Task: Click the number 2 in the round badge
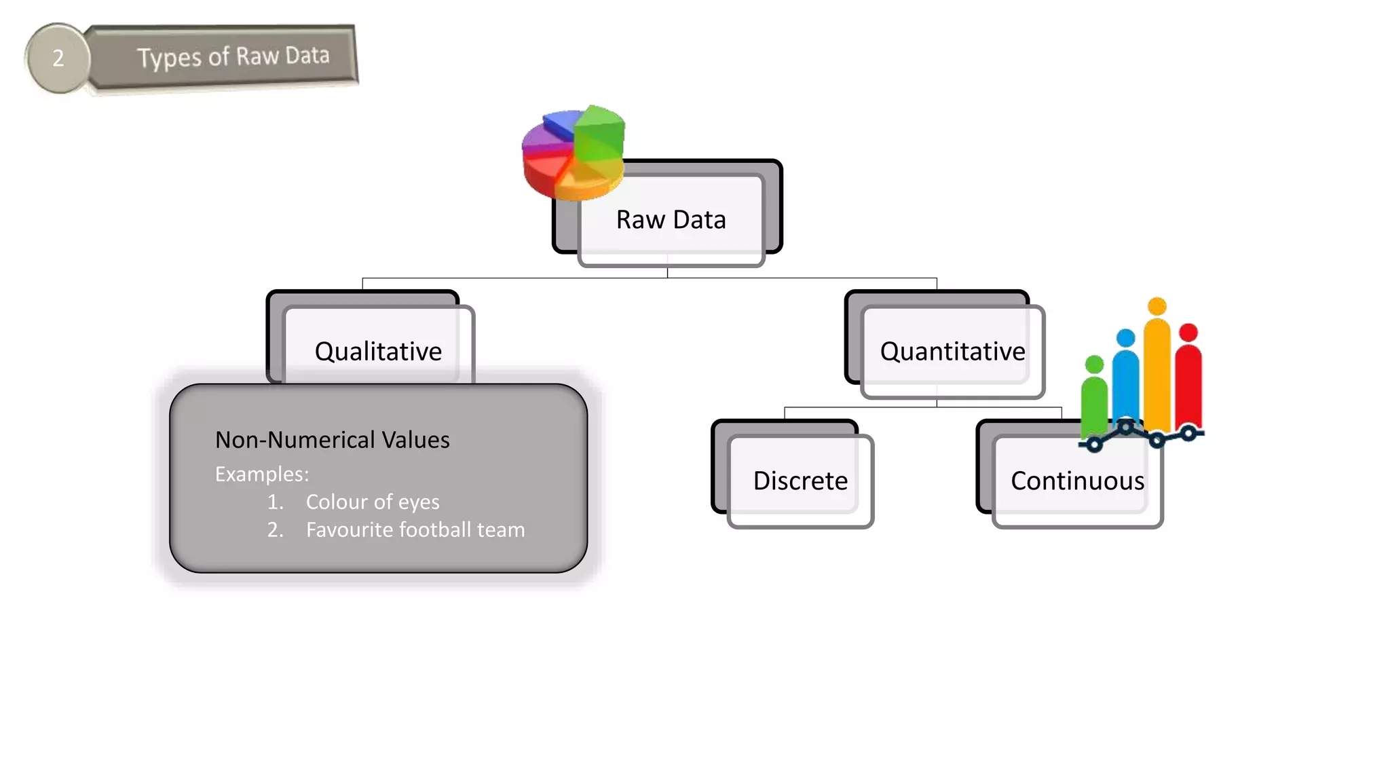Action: [x=58, y=58]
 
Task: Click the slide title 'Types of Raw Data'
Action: [x=233, y=56]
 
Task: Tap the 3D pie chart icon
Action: [x=574, y=153]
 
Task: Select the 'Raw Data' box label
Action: [x=671, y=220]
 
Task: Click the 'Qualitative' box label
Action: [x=378, y=352]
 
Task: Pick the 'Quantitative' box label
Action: [x=952, y=352]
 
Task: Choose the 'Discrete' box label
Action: [x=800, y=481]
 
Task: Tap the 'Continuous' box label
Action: [x=1077, y=481]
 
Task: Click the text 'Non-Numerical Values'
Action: [x=332, y=440]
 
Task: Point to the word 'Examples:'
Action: [x=262, y=474]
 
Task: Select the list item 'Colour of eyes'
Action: [x=373, y=502]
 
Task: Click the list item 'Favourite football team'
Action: [x=415, y=529]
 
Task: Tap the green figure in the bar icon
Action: [x=1094, y=397]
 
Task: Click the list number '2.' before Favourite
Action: [x=275, y=529]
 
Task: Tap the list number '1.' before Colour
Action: [x=275, y=502]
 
